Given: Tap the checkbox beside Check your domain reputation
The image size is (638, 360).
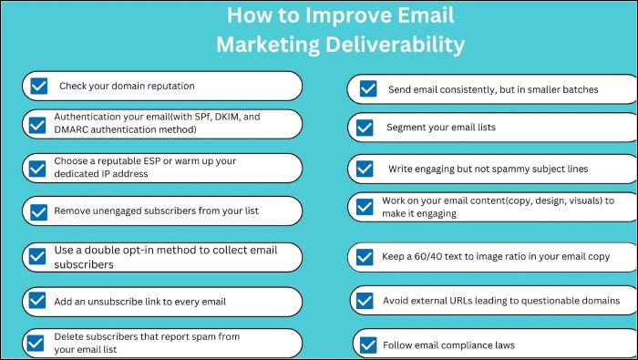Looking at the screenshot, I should (39, 87).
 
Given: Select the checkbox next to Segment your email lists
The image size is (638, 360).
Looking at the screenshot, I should (366, 128).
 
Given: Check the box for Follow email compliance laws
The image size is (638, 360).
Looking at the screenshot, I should (368, 345).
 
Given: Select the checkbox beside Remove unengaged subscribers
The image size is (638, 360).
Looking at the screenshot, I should (39, 211).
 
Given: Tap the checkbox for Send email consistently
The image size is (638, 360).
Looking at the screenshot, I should (368, 89).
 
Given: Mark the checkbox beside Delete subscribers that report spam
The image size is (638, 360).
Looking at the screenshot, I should (36, 343).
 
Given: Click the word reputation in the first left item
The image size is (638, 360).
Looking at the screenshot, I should (164, 87).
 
